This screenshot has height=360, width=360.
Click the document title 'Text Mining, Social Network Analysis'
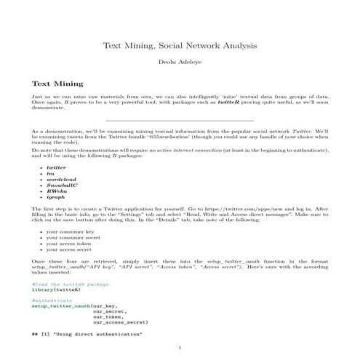[180, 46]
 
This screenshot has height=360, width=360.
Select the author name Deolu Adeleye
[180, 64]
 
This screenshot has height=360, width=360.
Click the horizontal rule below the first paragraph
[180, 120]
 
